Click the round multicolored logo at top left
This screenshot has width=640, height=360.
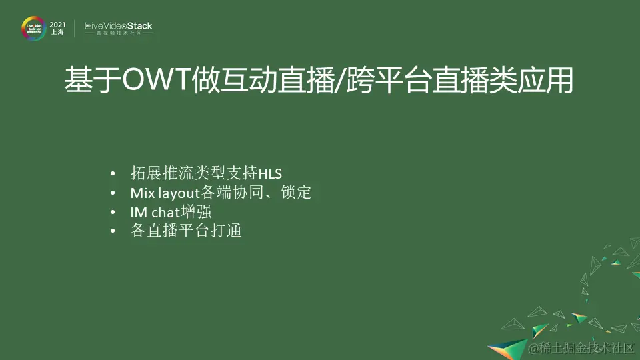pos(33,29)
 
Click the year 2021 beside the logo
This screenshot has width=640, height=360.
pos(57,24)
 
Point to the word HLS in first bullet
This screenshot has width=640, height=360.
pos(270,175)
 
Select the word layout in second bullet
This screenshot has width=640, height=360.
pos(179,194)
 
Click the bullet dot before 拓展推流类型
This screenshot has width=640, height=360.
pos(113,175)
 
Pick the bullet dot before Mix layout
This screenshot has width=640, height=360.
pos(113,194)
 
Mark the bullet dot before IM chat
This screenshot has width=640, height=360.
pos(113,213)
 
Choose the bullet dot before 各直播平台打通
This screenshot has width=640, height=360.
pos(113,231)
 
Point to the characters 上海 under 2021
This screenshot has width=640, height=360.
pos(57,33)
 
